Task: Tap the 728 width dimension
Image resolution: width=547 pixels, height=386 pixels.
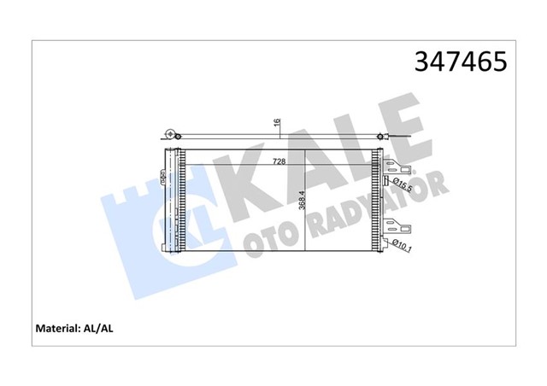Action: click(279, 161)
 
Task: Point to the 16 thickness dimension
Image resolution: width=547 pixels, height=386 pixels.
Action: click(277, 123)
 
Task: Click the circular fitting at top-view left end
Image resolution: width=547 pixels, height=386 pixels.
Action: click(172, 134)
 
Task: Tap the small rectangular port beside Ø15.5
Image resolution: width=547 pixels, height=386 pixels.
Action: click(386, 181)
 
